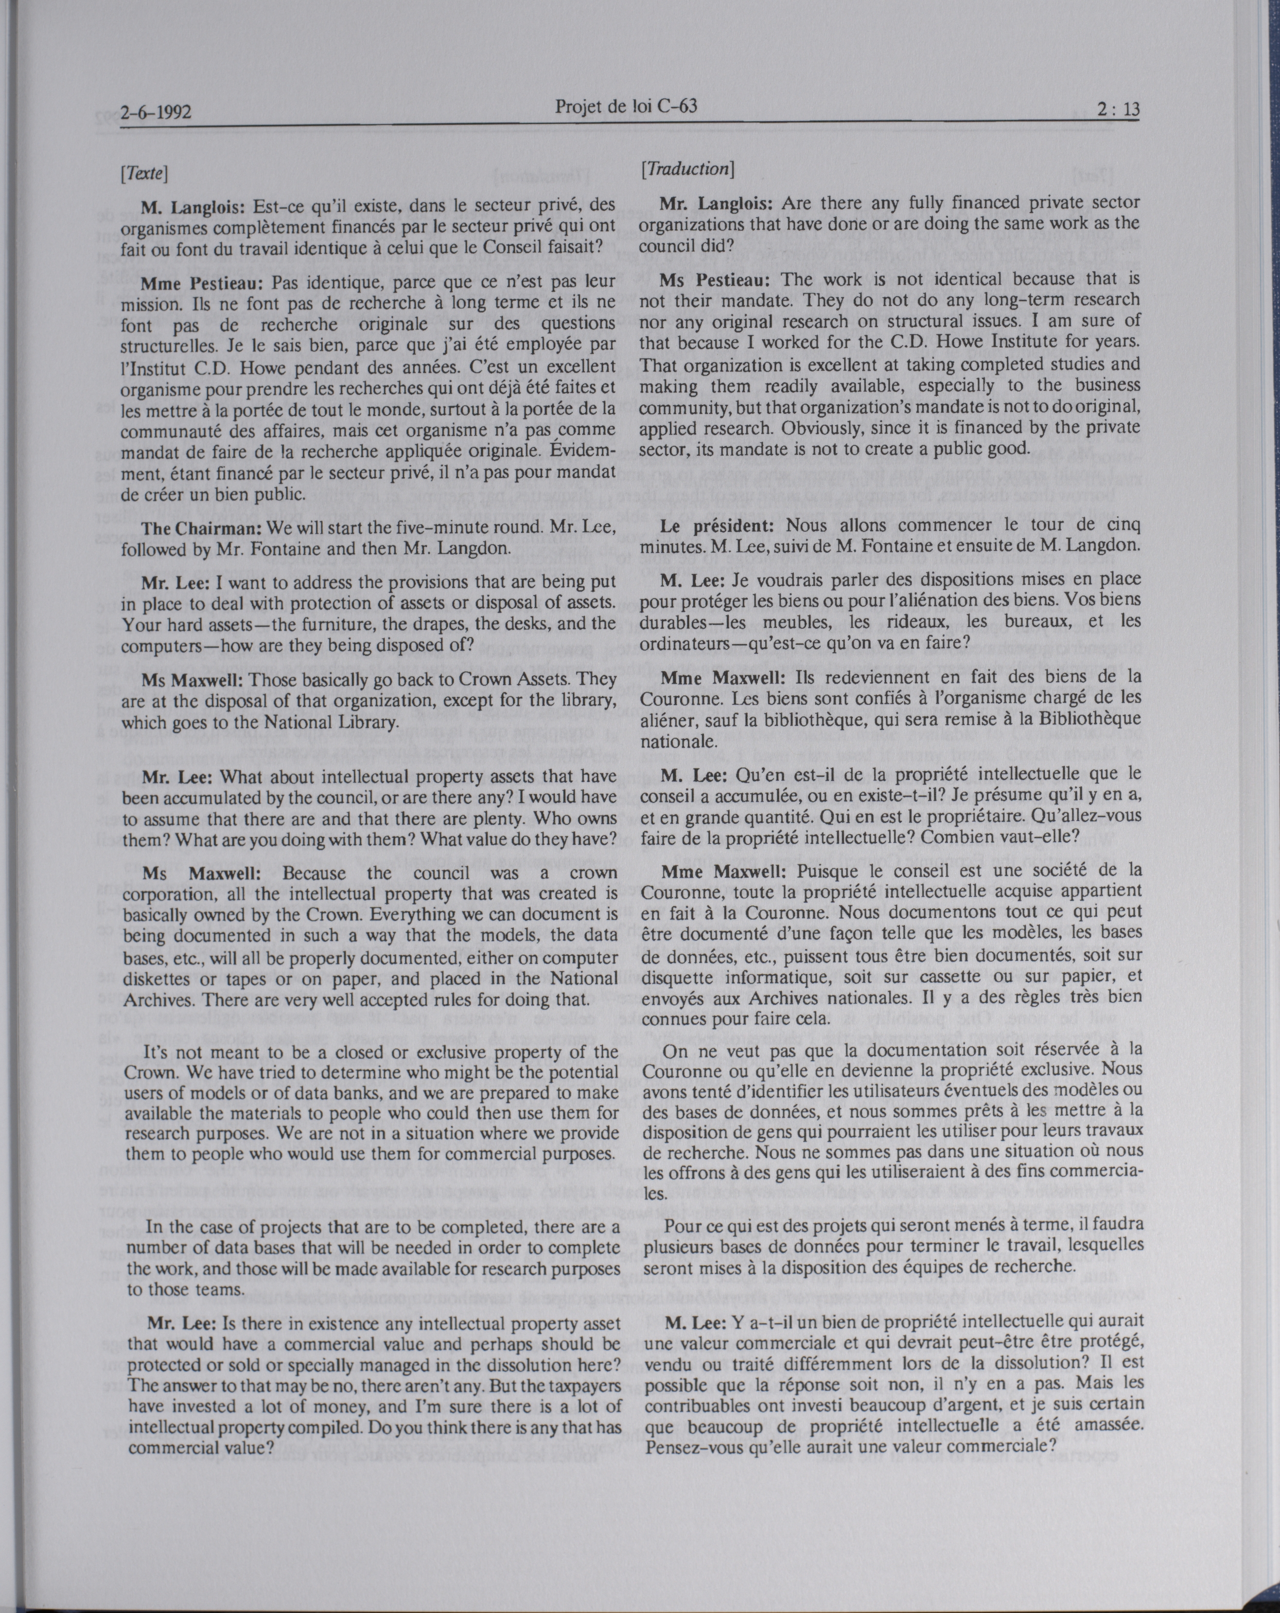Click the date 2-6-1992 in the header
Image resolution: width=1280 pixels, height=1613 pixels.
pos(156,112)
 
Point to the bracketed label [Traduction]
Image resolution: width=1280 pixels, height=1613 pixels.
pos(687,168)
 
